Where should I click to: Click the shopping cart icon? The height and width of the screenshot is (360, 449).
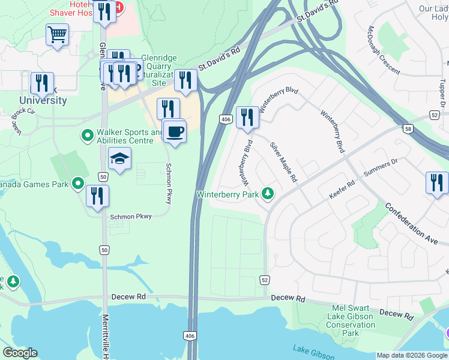[57, 35]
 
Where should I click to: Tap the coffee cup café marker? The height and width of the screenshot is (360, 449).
[175, 131]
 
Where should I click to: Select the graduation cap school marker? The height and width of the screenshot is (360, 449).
[120, 158]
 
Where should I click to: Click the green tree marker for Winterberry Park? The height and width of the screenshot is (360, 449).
[268, 194]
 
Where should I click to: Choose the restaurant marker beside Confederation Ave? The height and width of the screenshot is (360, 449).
[437, 182]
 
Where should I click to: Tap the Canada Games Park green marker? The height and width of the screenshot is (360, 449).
[77, 184]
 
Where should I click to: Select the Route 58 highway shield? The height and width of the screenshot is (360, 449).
[408, 129]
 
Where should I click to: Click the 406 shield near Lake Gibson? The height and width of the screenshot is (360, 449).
[190, 335]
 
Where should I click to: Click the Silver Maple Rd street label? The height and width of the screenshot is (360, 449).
[283, 162]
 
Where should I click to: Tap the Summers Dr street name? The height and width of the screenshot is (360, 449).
[381, 167]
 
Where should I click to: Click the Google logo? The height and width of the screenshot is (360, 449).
[20, 353]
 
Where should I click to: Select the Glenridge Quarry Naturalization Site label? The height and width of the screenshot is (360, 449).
[159, 70]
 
